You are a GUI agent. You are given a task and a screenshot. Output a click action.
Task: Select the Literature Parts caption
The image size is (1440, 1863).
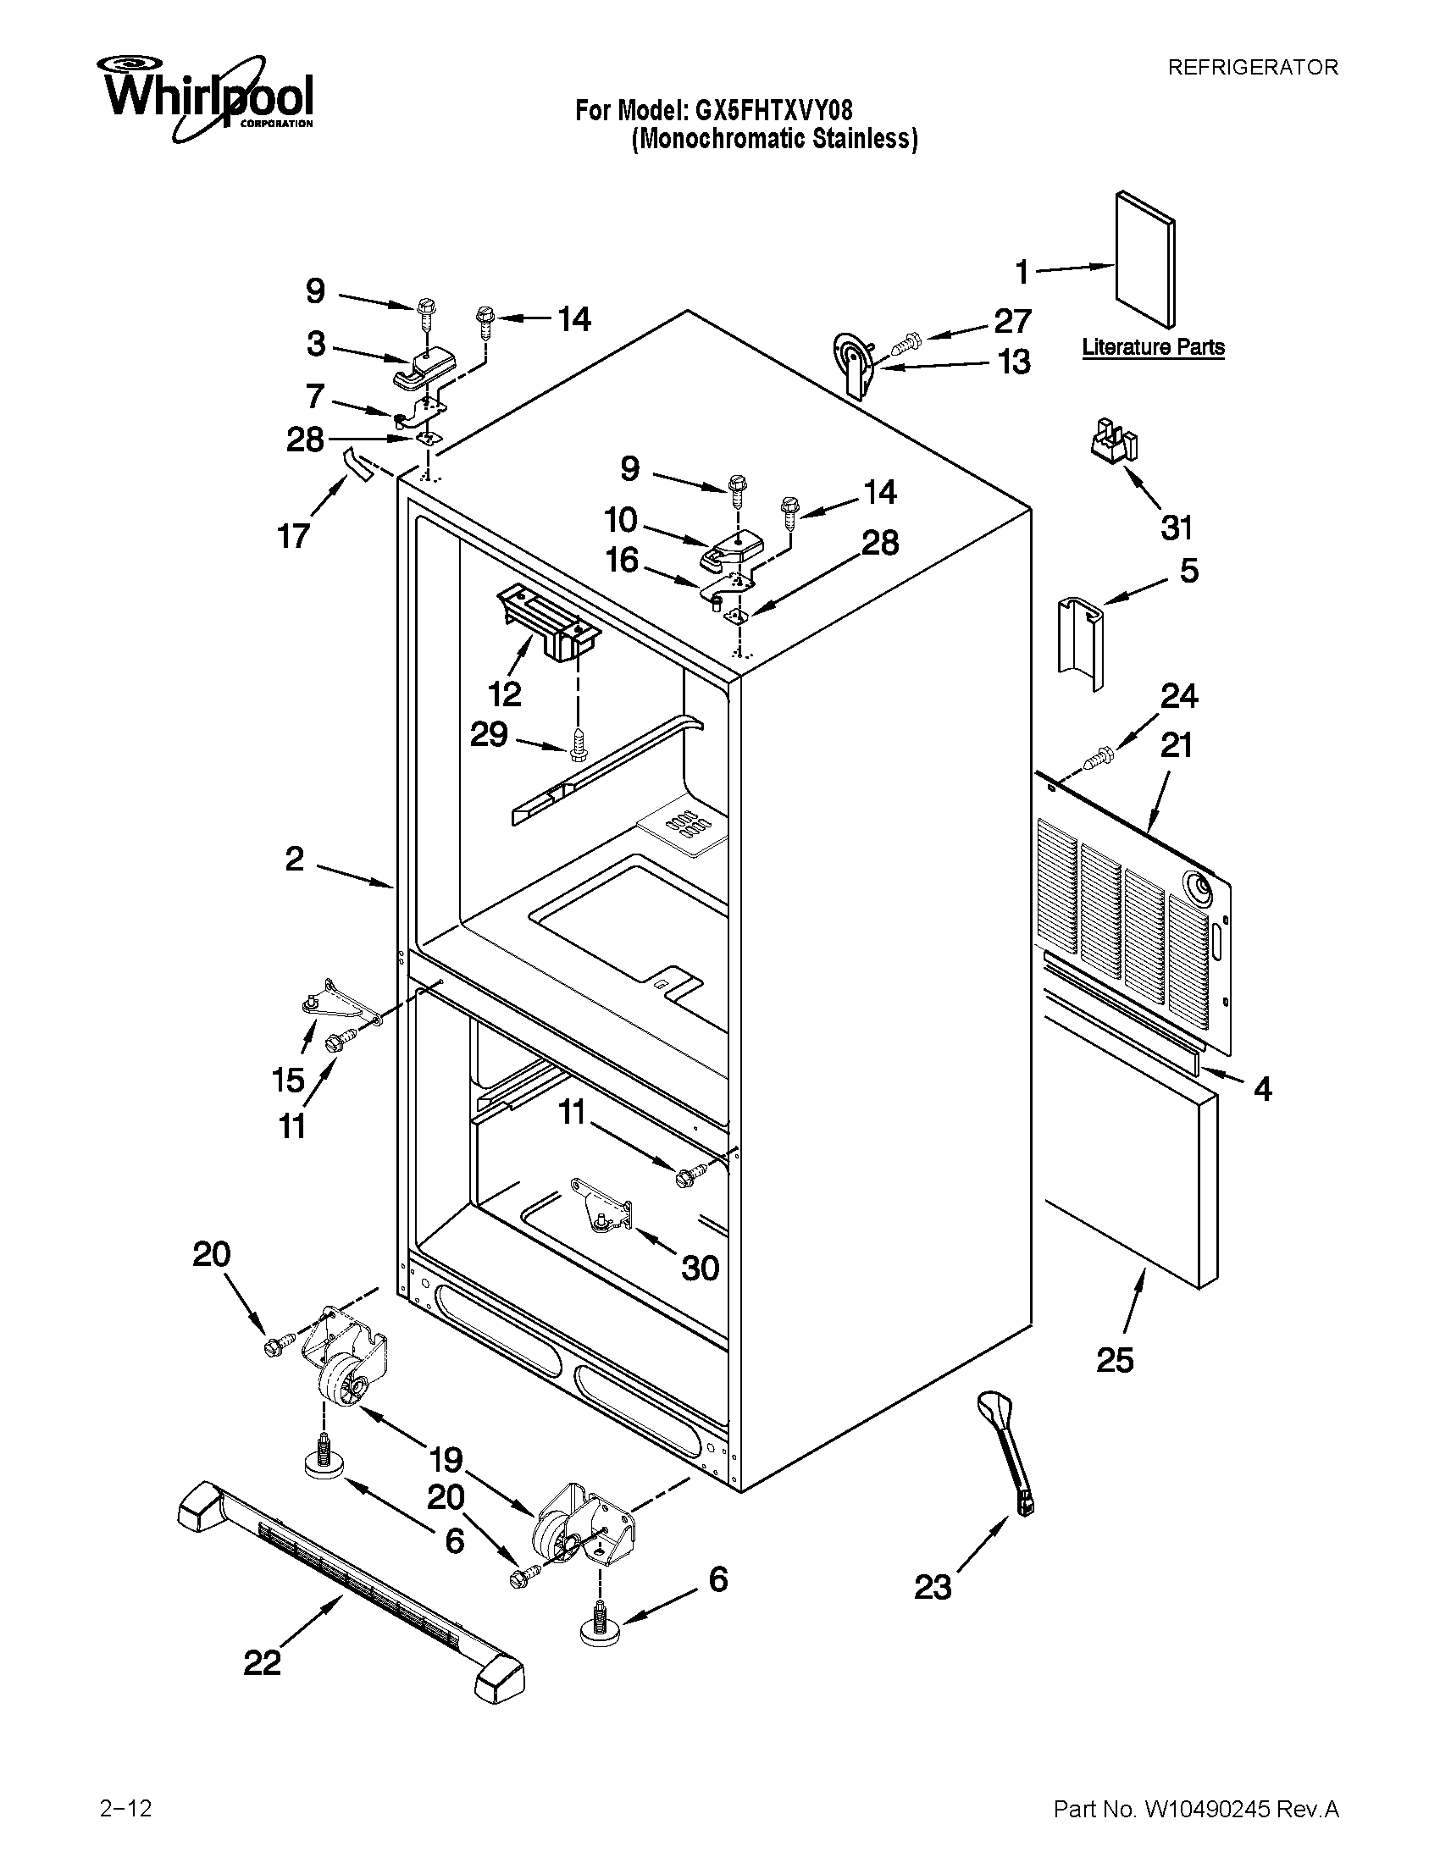click(x=1153, y=347)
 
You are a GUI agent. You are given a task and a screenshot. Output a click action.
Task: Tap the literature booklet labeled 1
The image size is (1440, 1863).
click(x=1144, y=258)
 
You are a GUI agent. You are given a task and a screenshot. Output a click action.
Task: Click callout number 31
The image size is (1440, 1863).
click(x=1176, y=528)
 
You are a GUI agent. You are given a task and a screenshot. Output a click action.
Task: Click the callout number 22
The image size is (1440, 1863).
click(x=261, y=1662)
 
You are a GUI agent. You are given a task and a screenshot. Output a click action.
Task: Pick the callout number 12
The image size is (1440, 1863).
click(x=505, y=694)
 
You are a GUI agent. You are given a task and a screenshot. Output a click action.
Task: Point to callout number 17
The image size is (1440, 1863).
click(x=293, y=537)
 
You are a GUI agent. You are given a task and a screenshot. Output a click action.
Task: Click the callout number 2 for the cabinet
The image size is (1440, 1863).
click(x=294, y=859)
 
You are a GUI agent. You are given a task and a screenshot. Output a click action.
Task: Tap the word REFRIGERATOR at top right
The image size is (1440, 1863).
click(x=1252, y=68)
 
